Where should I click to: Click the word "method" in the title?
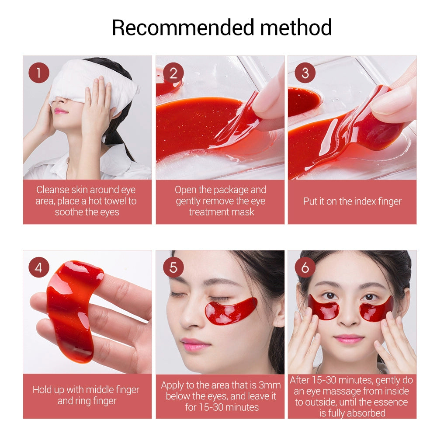pos(296,27)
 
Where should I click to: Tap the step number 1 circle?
pos(39,73)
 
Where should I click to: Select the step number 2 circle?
pos(173,73)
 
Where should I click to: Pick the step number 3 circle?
pos(305,73)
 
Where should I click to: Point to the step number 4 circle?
pos(39,267)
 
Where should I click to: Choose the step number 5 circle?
pos(173,267)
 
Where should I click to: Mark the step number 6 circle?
pos(305,267)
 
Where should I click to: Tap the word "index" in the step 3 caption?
pos(355,201)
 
